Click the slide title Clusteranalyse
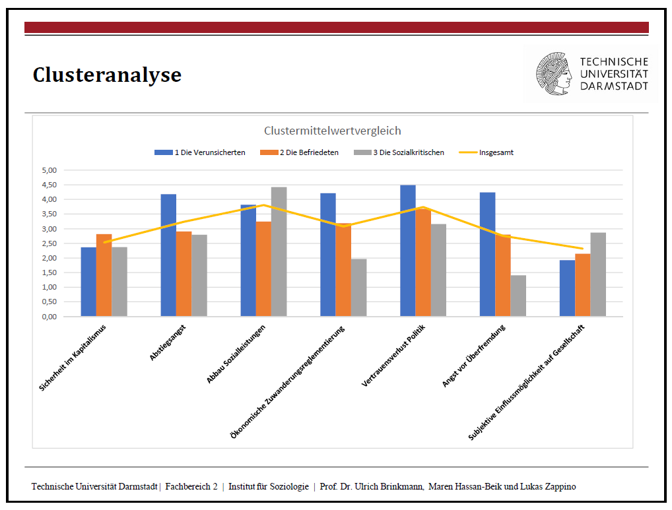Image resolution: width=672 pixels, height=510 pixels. pos(107,75)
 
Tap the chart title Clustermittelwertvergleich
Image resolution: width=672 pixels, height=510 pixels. pos(332,131)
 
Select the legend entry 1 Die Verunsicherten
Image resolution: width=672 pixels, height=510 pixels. pos(200,152)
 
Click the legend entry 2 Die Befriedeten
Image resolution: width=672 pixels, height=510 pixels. pos(299,152)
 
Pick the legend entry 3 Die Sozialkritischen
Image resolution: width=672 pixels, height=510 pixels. pos(399,152)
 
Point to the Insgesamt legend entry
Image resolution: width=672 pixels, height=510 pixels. pos(486,152)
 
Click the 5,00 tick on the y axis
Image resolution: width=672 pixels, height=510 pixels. pos(50,170)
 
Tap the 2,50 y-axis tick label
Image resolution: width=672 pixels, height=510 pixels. pos(50,243)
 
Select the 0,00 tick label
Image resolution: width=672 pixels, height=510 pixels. pos(50,317)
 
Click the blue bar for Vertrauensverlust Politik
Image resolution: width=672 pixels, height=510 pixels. pos(407,251)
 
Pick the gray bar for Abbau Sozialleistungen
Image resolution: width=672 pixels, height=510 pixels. pos(279,252)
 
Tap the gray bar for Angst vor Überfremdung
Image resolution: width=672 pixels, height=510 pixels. pos(518,296)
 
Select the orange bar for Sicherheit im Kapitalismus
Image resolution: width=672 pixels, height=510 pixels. pos(104,275)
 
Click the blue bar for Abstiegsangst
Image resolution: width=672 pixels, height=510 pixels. pos(168,255)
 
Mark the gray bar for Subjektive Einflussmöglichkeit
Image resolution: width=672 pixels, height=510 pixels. pos(598,274)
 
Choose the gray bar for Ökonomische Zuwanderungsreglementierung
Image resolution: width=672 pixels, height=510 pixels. pos(358,288)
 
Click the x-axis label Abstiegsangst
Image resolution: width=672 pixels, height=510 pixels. pos(168,342)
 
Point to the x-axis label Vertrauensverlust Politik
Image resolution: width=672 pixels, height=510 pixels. pos(393,356)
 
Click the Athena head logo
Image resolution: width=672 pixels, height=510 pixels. pos(554,74)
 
